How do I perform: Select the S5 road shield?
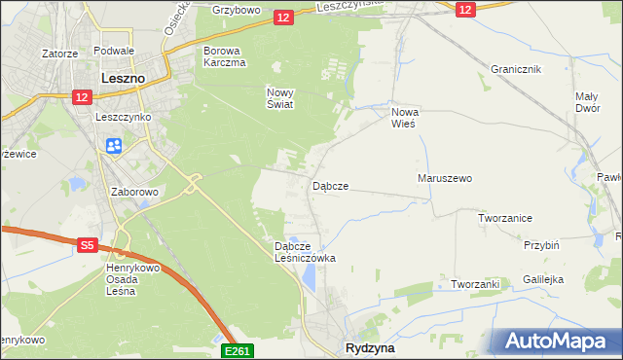click(88, 246)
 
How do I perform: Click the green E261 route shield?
click(238, 350)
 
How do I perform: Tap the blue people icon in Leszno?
click(113, 145)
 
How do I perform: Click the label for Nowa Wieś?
click(404, 118)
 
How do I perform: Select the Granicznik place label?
click(516, 70)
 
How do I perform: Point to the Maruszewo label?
click(445, 179)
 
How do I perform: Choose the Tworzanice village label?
click(504, 218)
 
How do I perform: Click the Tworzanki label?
click(475, 284)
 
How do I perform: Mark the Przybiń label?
click(541, 246)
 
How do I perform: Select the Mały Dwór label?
click(586, 103)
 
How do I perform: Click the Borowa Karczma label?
click(223, 55)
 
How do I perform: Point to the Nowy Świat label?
click(280, 98)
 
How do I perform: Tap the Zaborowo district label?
click(134, 193)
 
